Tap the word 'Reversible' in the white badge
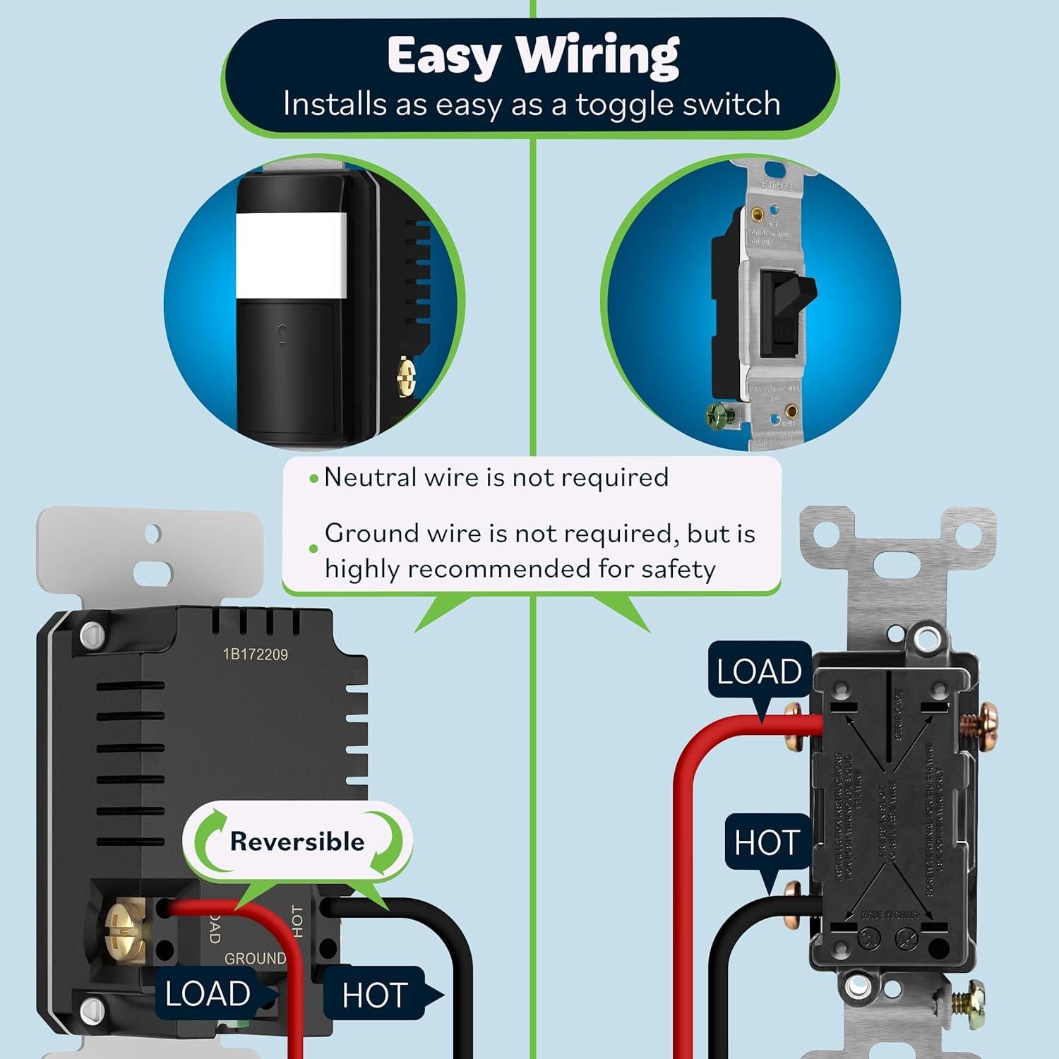297,842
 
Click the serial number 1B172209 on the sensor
256,654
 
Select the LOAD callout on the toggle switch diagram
759,671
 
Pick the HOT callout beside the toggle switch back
767,842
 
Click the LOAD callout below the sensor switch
208,994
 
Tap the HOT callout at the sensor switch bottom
375,995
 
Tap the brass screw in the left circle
406,376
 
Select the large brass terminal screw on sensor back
124,930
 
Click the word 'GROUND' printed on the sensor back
255,958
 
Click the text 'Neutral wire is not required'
496,477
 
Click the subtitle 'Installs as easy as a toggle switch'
532,104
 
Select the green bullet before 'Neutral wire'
314,479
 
